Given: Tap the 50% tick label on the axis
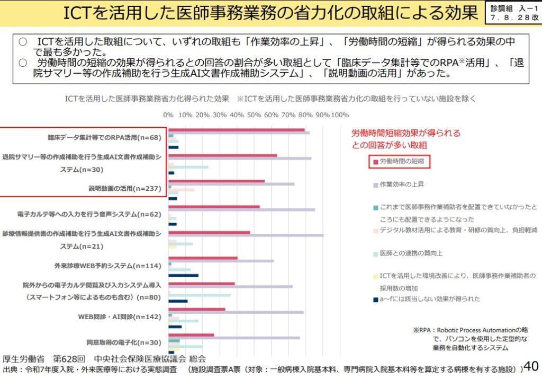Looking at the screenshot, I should click(x=254, y=115).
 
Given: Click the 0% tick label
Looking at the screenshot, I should click(x=168, y=115).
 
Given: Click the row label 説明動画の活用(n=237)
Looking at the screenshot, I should click(x=124, y=188).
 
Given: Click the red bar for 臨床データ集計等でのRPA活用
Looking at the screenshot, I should click(x=236, y=129).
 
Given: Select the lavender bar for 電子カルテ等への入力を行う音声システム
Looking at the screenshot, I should click(x=241, y=210).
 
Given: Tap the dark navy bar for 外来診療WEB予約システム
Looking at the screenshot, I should click(x=183, y=276).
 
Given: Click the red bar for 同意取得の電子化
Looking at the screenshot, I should click(x=191, y=335).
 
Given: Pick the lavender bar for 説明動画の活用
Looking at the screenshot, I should click(x=231, y=184).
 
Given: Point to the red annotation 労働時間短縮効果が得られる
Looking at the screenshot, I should click(x=406, y=133).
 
